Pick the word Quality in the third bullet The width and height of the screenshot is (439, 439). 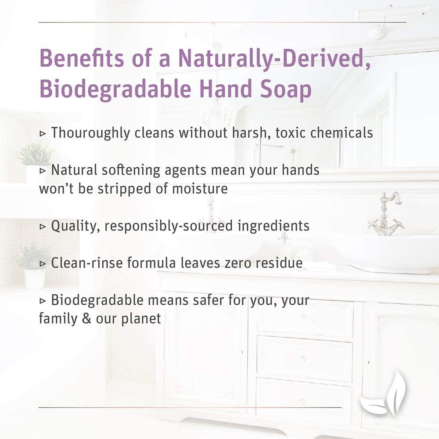pyautogui.click(x=76, y=226)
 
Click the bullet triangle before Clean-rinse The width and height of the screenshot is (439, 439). pyautogui.click(x=43, y=264)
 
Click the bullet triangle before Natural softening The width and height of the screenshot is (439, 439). pyautogui.click(x=43, y=170)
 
